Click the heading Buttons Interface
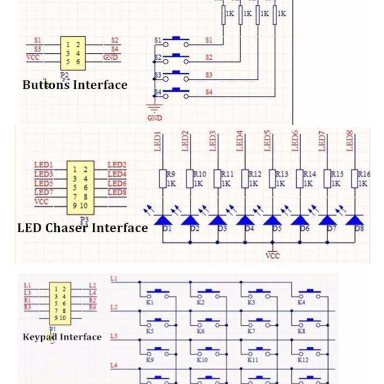click(x=75, y=85)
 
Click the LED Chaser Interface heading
click(x=82, y=228)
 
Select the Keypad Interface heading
click(x=62, y=336)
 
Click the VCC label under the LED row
click(x=273, y=255)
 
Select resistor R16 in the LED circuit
click(x=355, y=179)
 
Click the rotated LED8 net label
click(x=350, y=140)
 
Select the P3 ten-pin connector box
click(x=80, y=187)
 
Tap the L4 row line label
click(x=114, y=365)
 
